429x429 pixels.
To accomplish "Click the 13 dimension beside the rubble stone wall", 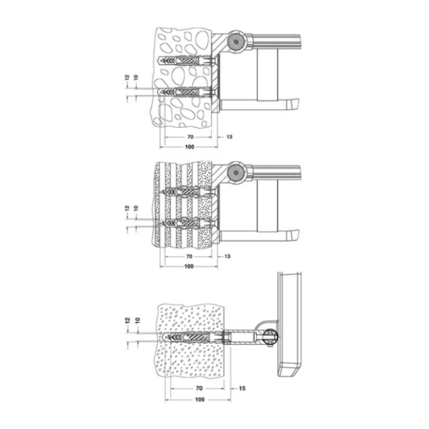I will [x=229, y=137].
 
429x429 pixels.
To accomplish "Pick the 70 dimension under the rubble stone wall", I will [x=190, y=137].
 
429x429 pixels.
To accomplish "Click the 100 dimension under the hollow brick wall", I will [x=189, y=267].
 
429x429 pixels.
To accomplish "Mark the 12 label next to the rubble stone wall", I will [x=127, y=79].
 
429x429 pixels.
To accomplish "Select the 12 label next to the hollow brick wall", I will [x=127, y=208].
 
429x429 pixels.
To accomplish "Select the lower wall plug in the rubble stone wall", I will [x=185, y=91].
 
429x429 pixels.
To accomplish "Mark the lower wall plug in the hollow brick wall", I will [x=185, y=221].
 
